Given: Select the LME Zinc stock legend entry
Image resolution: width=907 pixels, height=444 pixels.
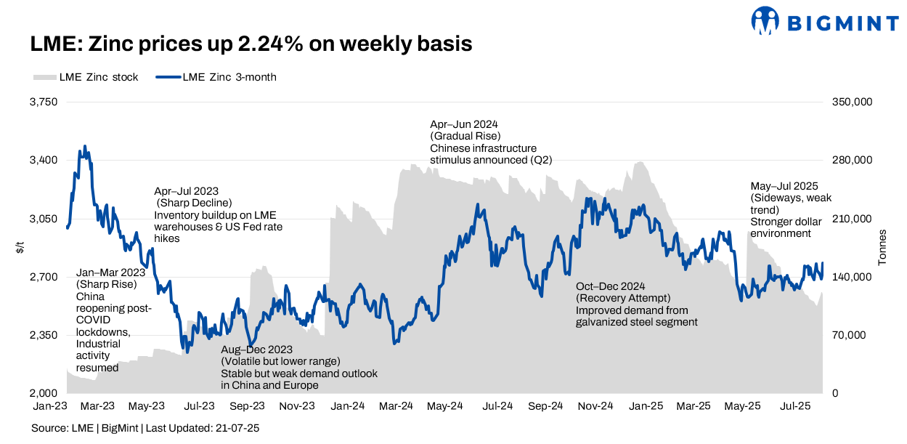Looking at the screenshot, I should click(86, 77).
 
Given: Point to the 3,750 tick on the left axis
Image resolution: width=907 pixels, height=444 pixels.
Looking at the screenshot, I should click(43, 102).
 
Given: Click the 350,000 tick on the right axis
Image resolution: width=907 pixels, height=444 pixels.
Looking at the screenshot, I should click(851, 102).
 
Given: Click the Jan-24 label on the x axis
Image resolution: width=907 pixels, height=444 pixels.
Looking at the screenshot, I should click(349, 405).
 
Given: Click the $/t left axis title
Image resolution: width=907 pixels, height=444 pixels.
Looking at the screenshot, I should click(20, 248).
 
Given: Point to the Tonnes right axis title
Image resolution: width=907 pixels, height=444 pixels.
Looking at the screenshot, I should click(883, 248).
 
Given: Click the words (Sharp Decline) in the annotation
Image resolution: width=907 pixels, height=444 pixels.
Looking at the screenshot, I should click(194, 203).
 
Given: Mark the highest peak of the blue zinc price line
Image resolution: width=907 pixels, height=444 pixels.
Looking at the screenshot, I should click(85, 146).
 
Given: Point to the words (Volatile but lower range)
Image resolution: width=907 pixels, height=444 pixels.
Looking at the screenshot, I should click(280, 361).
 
